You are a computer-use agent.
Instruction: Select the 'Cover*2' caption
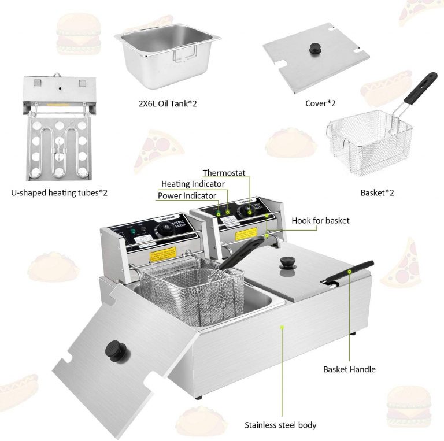[321, 104]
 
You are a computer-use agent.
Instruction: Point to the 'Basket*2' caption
[381, 192]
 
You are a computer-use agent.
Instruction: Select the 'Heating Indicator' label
[193, 184]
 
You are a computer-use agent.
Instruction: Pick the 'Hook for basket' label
[320, 220]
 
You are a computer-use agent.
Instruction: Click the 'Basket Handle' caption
[349, 369]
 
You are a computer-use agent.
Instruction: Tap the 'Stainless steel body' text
[280, 425]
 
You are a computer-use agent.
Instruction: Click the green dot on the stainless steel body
[282, 327]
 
